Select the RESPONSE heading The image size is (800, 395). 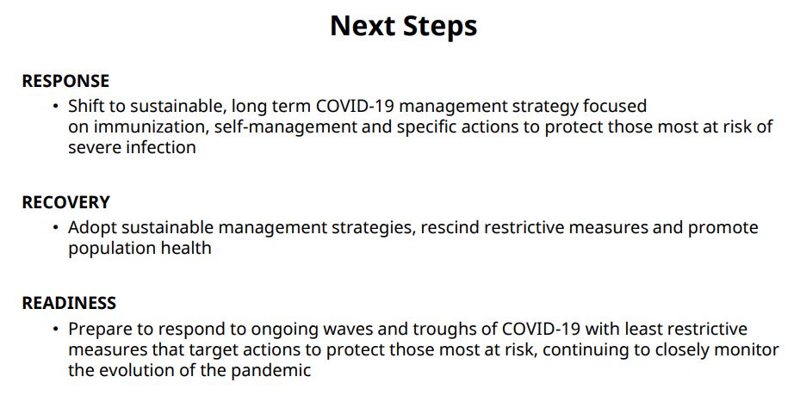(65, 81)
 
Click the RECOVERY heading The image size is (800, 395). (65, 202)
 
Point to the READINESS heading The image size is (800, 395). (69, 303)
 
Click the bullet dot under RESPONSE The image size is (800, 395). (56, 107)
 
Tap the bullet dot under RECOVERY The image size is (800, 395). (56, 227)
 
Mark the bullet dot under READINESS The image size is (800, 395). (56, 329)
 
